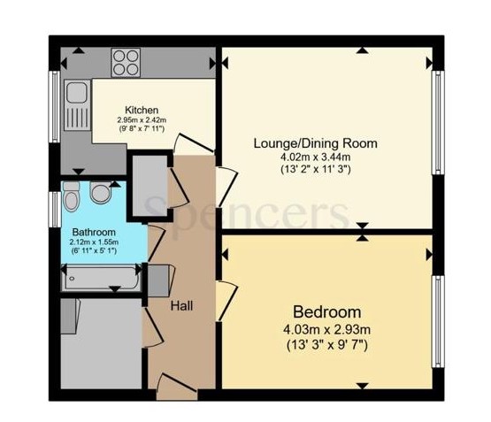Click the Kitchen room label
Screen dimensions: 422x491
[x=142, y=110]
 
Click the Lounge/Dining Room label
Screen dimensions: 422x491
[x=316, y=142]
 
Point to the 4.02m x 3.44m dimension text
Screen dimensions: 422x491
[x=316, y=157]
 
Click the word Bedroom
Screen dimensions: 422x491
[x=327, y=312]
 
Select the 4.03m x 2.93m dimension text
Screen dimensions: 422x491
[x=327, y=328]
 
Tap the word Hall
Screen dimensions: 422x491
[x=182, y=306]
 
